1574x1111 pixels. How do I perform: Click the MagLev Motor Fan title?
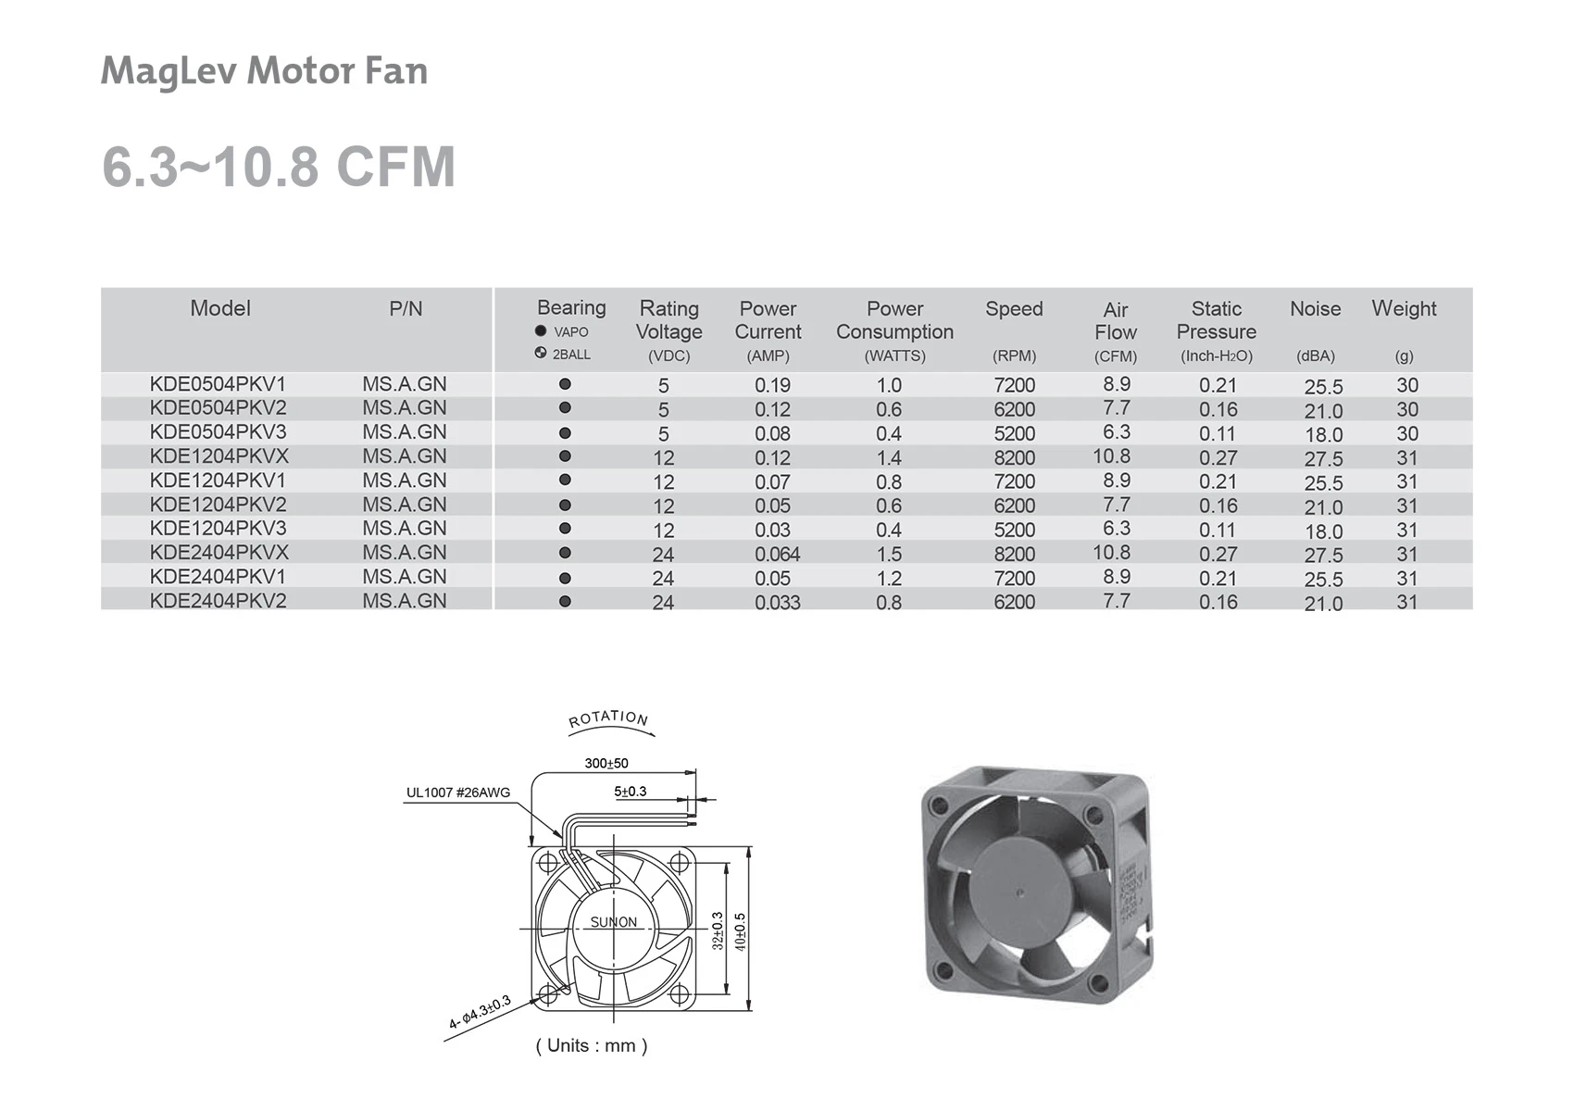pyautogui.click(x=264, y=71)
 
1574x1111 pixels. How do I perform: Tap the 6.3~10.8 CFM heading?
pyautogui.click(x=279, y=167)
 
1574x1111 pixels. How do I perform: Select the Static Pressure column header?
pyautogui.click(x=1217, y=331)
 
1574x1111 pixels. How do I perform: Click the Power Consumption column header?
pyautogui.click(x=894, y=331)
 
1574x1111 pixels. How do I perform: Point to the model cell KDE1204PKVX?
pyautogui.click(x=219, y=456)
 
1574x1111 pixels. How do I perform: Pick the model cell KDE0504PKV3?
pyautogui.click(x=218, y=431)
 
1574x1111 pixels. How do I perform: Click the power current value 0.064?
pyautogui.click(x=777, y=555)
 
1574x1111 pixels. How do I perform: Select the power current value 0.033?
pyautogui.click(x=777, y=602)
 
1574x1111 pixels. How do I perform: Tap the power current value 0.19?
pyautogui.click(x=772, y=385)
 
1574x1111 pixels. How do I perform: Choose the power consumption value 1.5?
pyautogui.click(x=889, y=555)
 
